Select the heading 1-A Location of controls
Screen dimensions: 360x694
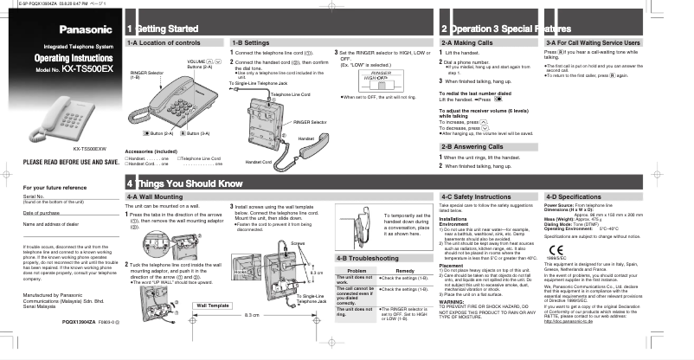(x=164, y=42)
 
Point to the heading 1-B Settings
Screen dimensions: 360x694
(x=253, y=42)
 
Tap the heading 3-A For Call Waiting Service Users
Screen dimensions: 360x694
(x=593, y=42)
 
